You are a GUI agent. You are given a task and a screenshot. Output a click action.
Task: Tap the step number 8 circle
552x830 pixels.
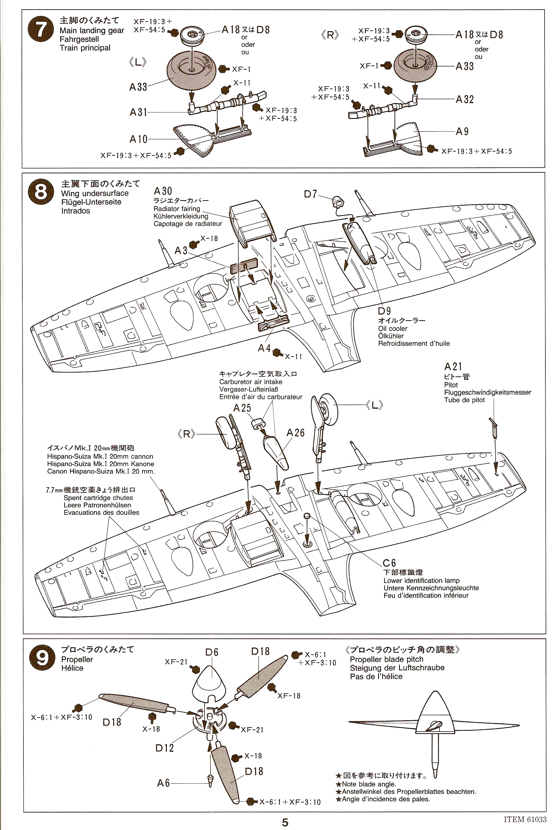[41, 193]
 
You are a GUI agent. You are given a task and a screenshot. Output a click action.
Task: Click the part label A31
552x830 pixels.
[138, 112]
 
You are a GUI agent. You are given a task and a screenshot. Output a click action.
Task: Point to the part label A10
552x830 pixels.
[138, 139]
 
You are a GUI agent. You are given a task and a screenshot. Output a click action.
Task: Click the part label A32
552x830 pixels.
[465, 100]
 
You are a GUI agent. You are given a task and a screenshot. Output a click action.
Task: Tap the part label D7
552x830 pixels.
[310, 194]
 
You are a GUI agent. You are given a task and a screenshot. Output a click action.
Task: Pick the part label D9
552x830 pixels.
[384, 311]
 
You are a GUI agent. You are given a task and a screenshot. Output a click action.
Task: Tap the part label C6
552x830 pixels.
[389, 563]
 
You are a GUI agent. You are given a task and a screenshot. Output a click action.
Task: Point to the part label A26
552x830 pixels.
[295, 433]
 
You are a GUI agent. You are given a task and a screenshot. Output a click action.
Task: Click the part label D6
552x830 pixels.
[212, 652]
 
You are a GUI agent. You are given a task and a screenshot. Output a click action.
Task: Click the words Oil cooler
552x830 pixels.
[392, 328]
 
